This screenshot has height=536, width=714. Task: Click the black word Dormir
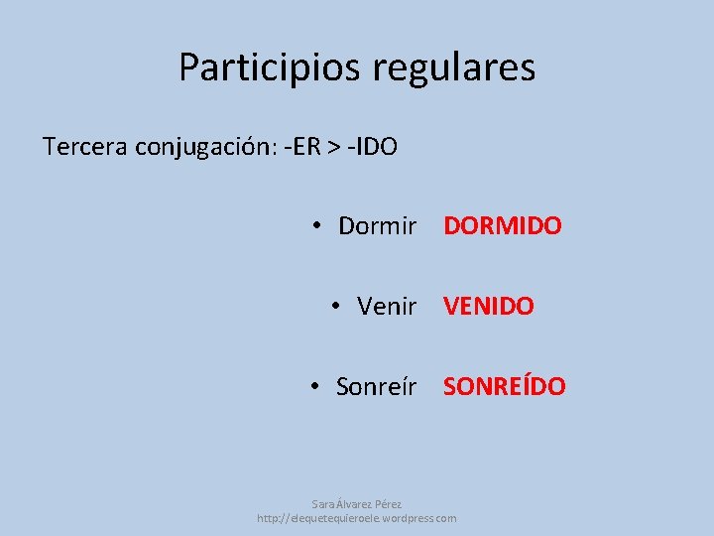[377, 225]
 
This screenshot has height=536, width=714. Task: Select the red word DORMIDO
[502, 225]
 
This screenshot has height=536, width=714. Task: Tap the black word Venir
[387, 306]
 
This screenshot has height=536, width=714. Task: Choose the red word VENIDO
[488, 306]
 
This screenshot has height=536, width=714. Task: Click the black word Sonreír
[377, 385]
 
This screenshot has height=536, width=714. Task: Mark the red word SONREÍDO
[504, 385]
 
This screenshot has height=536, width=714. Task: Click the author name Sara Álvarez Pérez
[357, 504]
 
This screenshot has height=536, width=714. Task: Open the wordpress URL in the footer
[357, 518]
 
